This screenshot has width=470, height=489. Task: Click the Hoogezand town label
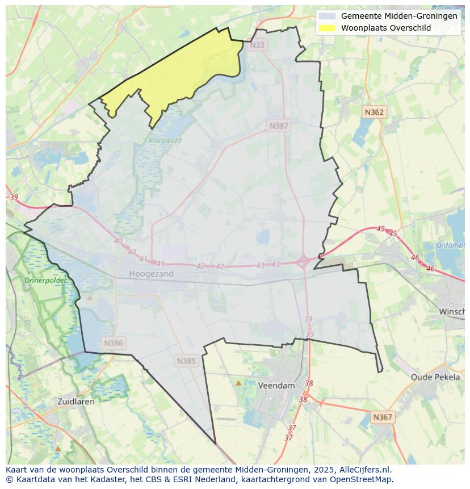click(x=151, y=274)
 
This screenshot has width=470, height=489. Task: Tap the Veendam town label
click(x=276, y=385)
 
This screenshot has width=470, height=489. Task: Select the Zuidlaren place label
click(x=76, y=401)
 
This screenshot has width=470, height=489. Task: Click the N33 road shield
click(x=257, y=45)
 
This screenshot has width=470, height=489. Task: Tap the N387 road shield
click(x=279, y=126)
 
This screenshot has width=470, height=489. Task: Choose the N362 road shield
click(x=374, y=112)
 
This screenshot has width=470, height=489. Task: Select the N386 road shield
click(x=114, y=343)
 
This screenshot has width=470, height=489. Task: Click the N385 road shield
click(x=186, y=361)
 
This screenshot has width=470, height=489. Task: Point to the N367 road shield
click(x=383, y=417)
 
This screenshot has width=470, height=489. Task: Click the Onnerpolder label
click(x=45, y=281)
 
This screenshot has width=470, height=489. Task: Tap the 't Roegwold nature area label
click(x=162, y=140)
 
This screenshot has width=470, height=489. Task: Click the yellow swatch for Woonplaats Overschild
click(x=327, y=28)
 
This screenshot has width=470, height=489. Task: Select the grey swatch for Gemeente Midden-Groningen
click(x=327, y=16)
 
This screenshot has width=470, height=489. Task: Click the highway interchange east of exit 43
click(x=303, y=262)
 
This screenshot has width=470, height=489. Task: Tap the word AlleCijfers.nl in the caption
click(x=365, y=470)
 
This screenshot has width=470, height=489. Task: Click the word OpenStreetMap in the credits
click(x=363, y=479)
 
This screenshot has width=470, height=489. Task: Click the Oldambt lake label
click(x=451, y=245)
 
